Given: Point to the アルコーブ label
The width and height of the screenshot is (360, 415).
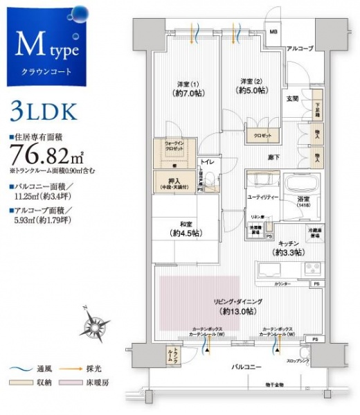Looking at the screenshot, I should [300, 49].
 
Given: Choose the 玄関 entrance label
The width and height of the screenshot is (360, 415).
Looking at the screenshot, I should [291, 99].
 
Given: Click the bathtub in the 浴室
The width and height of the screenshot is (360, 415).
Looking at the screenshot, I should [299, 188].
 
